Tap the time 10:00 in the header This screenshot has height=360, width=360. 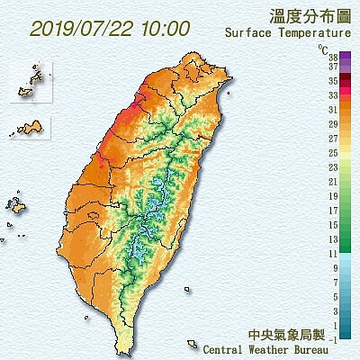165,28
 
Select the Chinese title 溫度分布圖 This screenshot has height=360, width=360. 308,16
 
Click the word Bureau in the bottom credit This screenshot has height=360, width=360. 330,348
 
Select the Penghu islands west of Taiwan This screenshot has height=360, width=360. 15,204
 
